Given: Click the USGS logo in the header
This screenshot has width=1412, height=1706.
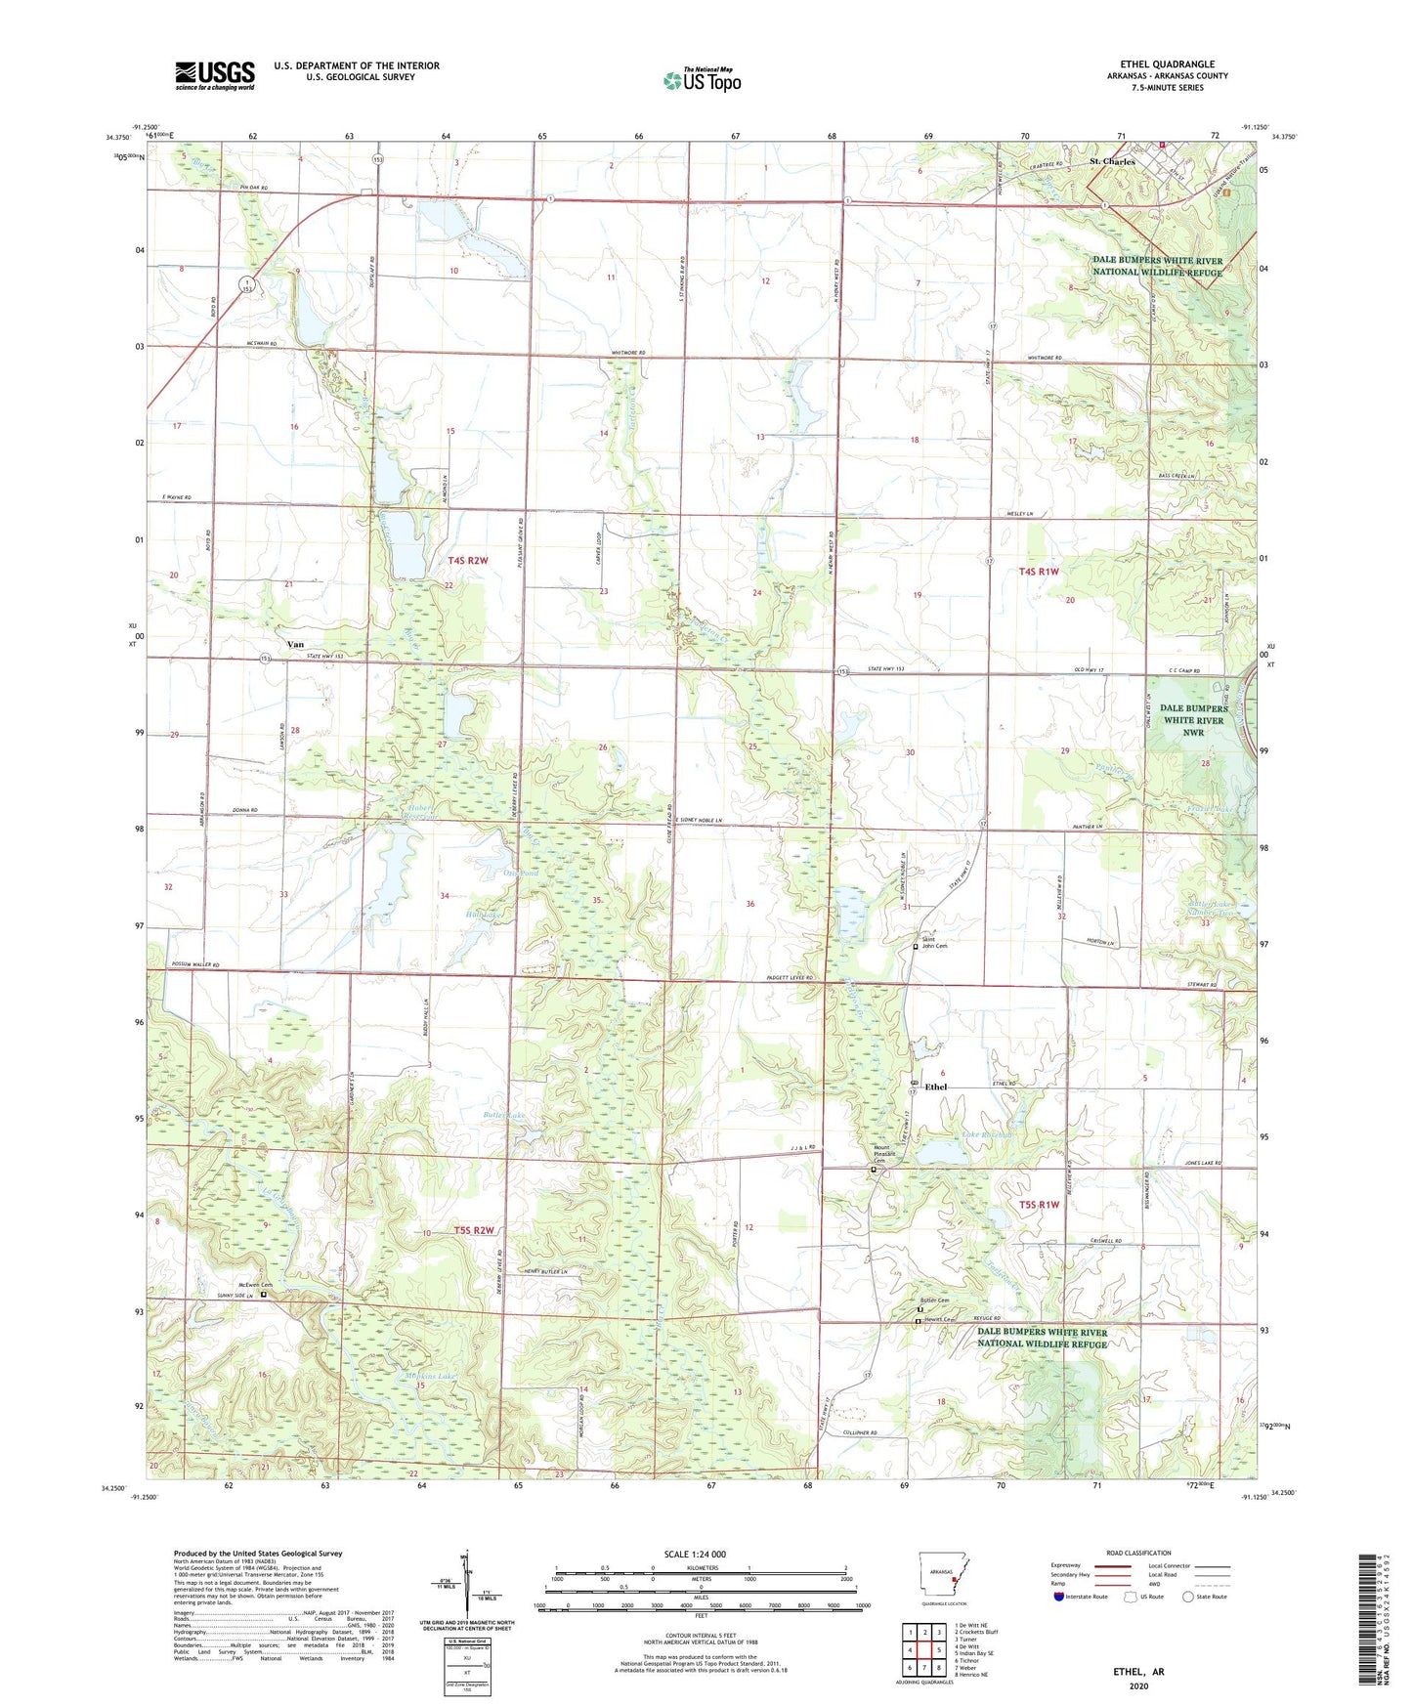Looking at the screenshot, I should [x=214, y=75].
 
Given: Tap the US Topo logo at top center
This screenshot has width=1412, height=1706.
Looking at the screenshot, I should [x=702, y=79].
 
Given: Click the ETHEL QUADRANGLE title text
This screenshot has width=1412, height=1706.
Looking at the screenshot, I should [x=1167, y=64].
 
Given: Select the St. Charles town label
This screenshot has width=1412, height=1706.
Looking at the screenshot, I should [x=1112, y=161].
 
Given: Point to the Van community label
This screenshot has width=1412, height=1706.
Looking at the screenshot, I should [x=294, y=645].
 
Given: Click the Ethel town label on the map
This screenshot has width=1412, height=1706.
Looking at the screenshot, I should [x=936, y=1087].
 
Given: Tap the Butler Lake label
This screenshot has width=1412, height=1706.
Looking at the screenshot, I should [x=504, y=1115].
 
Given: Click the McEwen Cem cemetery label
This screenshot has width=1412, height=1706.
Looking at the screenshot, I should [x=252, y=1285].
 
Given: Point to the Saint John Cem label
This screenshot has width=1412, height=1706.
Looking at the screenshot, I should [x=936, y=942].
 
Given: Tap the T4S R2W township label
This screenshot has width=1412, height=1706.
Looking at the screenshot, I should [x=467, y=561].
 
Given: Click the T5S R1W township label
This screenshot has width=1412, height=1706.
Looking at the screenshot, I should [x=1039, y=1205].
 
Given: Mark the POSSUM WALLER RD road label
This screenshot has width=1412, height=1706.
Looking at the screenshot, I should [x=195, y=965].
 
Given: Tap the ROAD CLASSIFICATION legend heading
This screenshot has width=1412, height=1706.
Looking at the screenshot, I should [x=1138, y=1553].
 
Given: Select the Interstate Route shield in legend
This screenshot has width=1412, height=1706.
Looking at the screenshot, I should [x=1060, y=1597].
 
